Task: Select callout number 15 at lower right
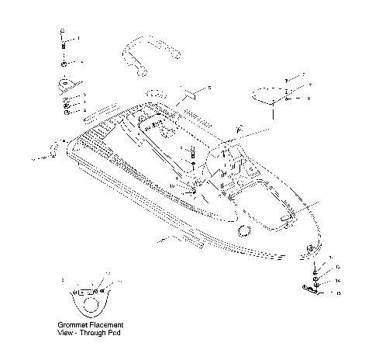(x=339, y=293)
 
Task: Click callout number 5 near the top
(x=208, y=90)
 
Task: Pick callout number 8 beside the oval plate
(x=310, y=99)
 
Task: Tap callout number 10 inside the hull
(x=172, y=186)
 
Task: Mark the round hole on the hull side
(x=246, y=229)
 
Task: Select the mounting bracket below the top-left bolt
(x=65, y=83)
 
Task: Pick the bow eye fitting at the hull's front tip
(x=311, y=247)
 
